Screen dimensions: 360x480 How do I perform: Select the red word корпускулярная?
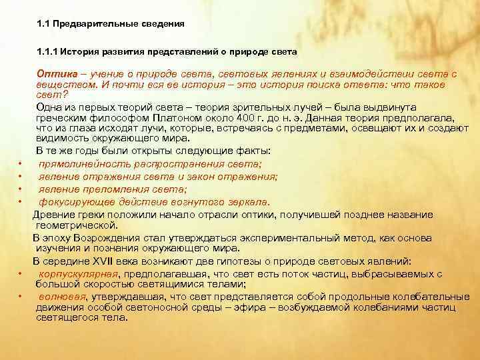(x=79, y=273)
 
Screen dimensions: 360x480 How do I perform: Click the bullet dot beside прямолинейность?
(x=22, y=165)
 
